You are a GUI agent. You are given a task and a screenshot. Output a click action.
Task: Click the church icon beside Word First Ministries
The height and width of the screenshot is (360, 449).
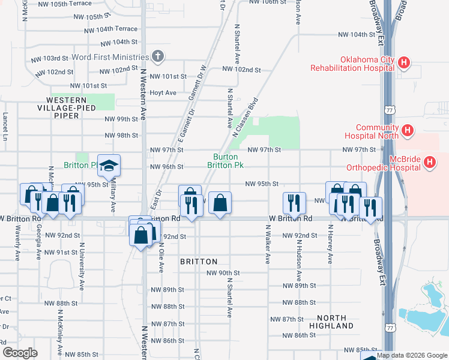pyautogui.click(x=158, y=57)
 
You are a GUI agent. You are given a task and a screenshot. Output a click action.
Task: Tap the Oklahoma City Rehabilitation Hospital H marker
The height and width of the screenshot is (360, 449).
pyautogui.click(x=405, y=62)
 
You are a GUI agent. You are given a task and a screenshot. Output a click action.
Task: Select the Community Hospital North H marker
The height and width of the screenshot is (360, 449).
pyautogui.click(x=408, y=130)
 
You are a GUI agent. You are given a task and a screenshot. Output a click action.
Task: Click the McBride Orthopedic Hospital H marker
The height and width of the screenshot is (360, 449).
pyautogui.click(x=429, y=161)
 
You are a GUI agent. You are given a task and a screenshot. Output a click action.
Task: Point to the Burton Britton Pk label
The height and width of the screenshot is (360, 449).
pyautogui.click(x=226, y=161)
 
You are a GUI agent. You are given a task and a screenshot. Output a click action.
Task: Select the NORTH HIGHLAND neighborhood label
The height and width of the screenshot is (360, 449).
pyautogui.click(x=331, y=322)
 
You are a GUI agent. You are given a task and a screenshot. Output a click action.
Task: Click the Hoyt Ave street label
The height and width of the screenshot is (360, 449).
pyautogui.click(x=163, y=92)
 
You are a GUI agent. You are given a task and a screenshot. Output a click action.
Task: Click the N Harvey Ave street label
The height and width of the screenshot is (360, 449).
pyautogui.click(x=330, y=244)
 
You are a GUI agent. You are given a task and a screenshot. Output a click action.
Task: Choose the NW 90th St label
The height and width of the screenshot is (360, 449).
pyautogui.click(x=223, y=273)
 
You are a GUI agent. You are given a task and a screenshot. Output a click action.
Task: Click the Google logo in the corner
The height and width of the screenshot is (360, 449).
pyautogui.click(x=20, y=353)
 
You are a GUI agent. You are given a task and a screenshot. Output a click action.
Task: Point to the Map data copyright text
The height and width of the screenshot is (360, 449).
pyautogui.click(x=412, y=355)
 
